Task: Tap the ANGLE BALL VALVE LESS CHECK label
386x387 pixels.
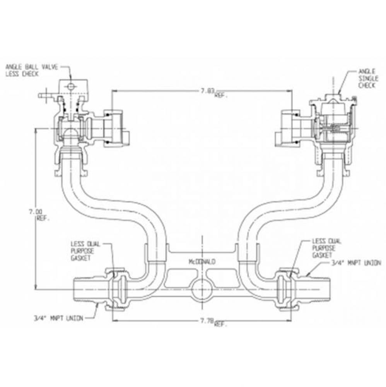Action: pos(31,70)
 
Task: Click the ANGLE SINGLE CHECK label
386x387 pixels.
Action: pos(366,78)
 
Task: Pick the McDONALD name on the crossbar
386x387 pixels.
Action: pos(202,262)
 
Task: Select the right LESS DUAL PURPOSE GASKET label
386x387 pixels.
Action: pos(322,248)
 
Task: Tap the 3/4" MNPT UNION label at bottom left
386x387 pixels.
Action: pos(58,319)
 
